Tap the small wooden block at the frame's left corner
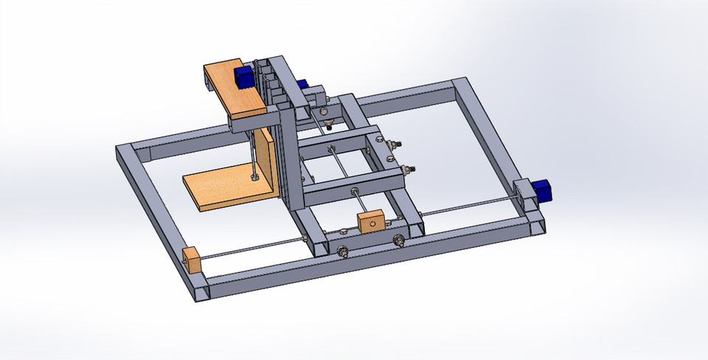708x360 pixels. (x=192, y=260)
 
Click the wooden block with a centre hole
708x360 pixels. (x=370, y=221)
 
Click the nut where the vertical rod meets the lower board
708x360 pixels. (x=253, y=177)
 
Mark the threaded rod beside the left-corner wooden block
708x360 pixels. (x=251, y=248)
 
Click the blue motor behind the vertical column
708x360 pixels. (x=302, y=83)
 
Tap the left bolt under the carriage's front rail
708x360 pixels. (x=343, y=252)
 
